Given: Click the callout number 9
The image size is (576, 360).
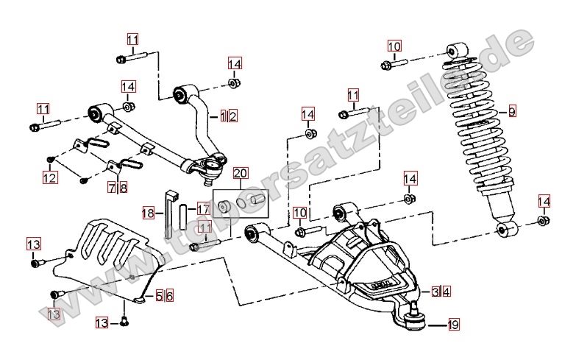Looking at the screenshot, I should (x=512, y=113).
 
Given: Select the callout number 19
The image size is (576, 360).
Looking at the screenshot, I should (x=453, y=324).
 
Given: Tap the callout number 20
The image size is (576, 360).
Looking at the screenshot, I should (x=241, y=174).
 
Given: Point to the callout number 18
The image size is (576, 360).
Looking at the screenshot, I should (x=149, y=213).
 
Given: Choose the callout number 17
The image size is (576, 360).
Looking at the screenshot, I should (x=203, y=209).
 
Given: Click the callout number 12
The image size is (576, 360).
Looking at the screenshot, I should (x=50, y=177).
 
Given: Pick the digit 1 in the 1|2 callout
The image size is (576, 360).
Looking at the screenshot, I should (x=224, y=116).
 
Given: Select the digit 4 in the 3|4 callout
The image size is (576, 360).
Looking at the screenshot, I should (x=447, y=292).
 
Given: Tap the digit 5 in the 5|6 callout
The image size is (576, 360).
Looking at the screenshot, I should (x=159, y=296).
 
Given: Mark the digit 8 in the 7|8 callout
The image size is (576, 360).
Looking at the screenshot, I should (x=123, y=188).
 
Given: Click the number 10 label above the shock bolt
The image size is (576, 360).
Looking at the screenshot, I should (x=394, y=46).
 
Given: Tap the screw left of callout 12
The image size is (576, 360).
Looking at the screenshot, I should (x=51, y=158).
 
